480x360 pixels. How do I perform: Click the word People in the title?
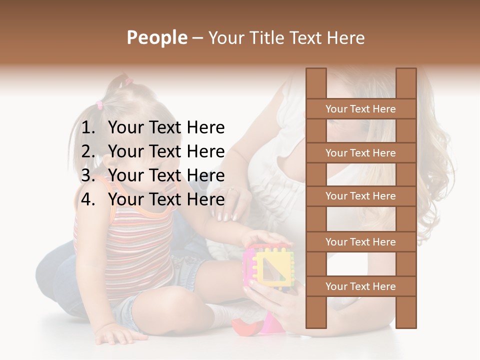click(156, 37)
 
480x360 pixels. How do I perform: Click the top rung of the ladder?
click(360, 109)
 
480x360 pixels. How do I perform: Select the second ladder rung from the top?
click(360, 153)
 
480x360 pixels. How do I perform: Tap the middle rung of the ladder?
click(360, 196)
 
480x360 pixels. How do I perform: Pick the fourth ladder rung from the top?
click(360, 242)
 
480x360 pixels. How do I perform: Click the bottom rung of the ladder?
click(360, 286)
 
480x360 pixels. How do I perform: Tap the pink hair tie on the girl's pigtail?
click(99, 105)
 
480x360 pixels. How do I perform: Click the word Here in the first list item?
click(205, 128)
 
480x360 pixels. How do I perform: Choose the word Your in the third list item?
click(125, 175)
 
